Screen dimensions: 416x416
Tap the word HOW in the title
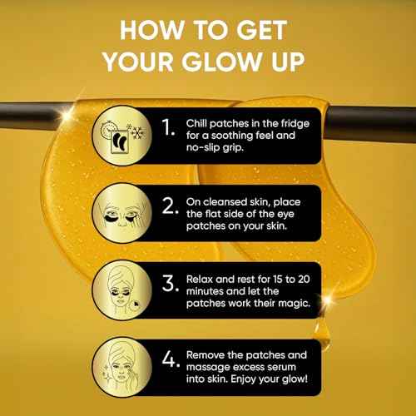(x=152, y=30)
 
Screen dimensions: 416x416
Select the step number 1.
(x=168, y=127)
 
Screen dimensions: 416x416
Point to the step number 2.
(x=170, y=206)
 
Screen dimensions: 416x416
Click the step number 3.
(x=170, y=284)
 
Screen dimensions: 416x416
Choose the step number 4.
(x=171, y=359)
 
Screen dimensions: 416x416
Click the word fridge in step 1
(x=295, y=124)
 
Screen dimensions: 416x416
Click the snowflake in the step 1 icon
(x=138, y=132)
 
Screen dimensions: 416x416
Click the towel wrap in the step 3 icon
(x=121, y=275)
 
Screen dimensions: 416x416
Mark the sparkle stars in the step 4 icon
(x=106, y=373)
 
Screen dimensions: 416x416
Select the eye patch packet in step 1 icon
(x=120, y=141)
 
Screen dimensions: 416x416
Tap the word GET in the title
(x=262, y=30)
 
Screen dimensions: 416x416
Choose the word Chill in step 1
(x=196, y=123)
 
